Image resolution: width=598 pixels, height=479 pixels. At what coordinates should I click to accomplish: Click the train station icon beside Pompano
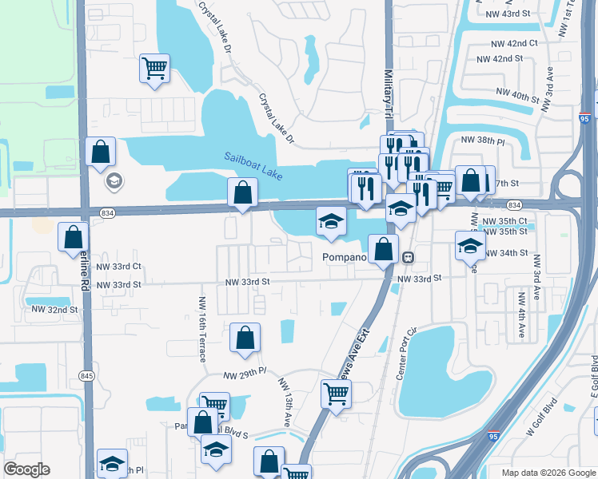pyautogui.click(x=409, y=257)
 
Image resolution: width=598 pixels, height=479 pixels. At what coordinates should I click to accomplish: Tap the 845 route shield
pyautogui.click(x=86, y=375)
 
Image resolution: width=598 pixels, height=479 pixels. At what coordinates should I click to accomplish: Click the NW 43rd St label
pyautogui.click(x=508, y=14)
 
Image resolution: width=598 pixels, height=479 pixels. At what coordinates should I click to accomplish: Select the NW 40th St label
pyautogui.click(x=517, y=97)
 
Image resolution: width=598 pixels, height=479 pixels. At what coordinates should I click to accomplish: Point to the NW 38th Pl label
pyautogui.click(x=483, y=140)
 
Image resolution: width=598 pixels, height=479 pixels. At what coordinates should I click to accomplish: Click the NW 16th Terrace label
pyautogui.click(x=200, y=328)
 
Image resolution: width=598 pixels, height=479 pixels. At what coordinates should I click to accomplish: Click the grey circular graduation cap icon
pyautogui.click(x=113, y=181)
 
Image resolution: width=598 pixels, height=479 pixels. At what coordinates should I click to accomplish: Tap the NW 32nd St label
pyautogui.click(x=54, y=309)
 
